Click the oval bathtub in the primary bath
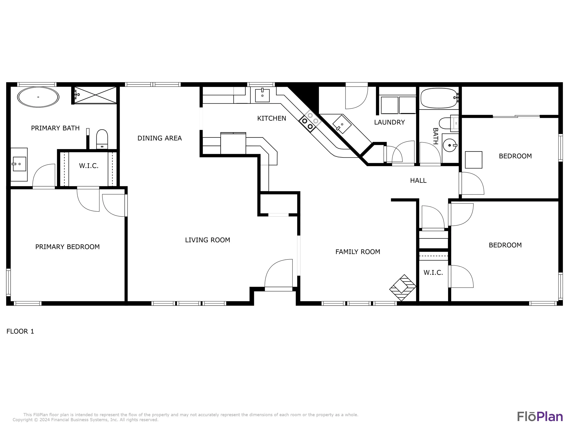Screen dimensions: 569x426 click(38, 97)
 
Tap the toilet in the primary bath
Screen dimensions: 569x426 click(102, 139)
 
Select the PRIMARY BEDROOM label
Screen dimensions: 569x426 click(67, 247)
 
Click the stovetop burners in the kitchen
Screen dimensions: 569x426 click(310, 121)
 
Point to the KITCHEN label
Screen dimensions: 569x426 click(272, 118)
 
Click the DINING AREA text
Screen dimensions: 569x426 click(160, 138)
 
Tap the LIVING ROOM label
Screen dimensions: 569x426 click(208, 240)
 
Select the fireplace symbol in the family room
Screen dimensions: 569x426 click(403, 288)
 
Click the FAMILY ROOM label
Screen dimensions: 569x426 click(358, 252)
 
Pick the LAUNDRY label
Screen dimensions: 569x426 click(389, 122)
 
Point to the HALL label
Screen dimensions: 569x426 click(418, 181)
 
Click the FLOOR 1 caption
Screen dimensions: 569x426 click(20, 331)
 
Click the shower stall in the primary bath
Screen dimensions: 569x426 click(95, 95)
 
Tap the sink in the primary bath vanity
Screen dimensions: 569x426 click(19, 164)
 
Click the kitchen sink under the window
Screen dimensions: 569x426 click(262, 95)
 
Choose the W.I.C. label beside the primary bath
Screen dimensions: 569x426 click(89, 166)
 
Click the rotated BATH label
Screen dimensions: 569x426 click(435, 136)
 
